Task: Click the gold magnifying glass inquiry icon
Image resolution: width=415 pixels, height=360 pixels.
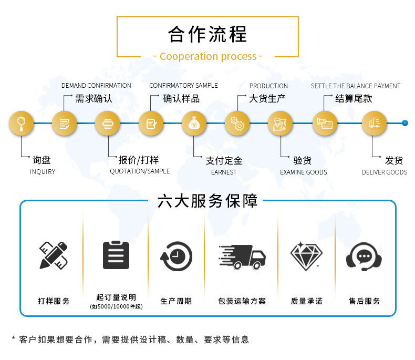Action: tap(21, 124)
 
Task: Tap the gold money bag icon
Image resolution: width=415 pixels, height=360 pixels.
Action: tap(194, 124)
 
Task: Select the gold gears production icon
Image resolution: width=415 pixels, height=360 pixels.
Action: tap(237, 124)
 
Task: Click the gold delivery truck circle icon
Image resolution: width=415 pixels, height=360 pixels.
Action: tap(374, 124)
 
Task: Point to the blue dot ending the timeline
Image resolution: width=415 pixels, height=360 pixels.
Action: tap(404, 123)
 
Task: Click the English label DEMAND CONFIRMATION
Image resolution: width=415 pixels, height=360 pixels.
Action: tap(96, 86)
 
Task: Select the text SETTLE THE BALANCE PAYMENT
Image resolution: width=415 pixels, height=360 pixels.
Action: tap(356, 86)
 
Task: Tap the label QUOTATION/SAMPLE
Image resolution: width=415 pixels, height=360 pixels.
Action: tap(140, 171)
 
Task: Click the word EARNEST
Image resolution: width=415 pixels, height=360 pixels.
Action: tap(224, 172)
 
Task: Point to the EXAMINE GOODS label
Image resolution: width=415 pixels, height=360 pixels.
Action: tap(304, 172)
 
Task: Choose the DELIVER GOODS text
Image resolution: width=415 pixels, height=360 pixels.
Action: tap(385, 172)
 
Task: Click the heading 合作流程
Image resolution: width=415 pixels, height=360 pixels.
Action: tap(208, 34)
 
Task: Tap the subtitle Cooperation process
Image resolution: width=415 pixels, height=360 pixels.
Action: tap(208, 56)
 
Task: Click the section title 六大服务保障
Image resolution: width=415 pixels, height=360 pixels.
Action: tap(207, 201)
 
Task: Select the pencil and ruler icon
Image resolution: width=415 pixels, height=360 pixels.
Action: tap(54, 255)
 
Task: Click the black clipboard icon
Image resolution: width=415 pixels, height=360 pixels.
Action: tap(116, 255)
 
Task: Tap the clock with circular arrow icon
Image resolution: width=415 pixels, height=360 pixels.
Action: tap(177, 256)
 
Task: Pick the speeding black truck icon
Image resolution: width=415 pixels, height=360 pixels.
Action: tap(242, 257)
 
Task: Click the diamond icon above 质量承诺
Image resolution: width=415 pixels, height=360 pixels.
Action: tap(306, 256)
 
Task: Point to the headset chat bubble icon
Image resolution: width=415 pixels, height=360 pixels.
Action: tap(364, 256)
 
